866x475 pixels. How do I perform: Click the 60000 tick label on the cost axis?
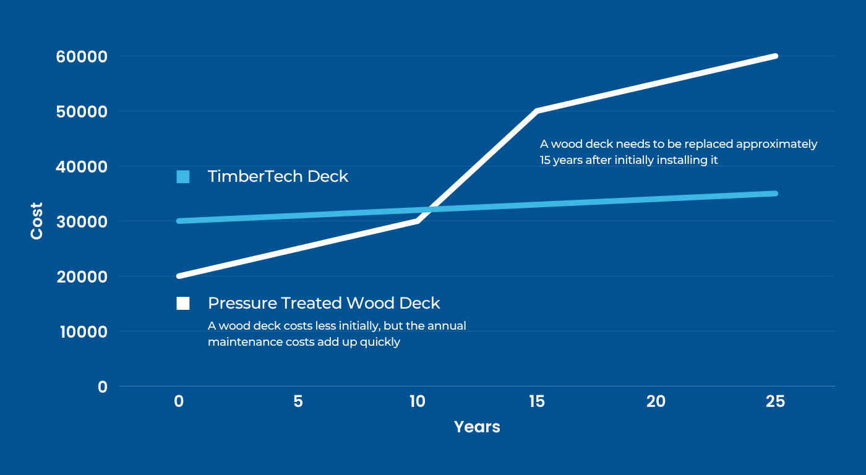[82, 57]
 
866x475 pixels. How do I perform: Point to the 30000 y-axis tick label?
[82, 222]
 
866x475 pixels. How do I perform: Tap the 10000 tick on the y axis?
[84, 332]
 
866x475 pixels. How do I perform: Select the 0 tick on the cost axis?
[103, 387]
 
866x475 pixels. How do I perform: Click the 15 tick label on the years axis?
[537, 401]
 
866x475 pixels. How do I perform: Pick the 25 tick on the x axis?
[775, 401]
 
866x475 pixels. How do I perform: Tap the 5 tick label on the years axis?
[298, 401]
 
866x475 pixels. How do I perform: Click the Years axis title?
[477, 427]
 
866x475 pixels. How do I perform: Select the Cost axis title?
[36, 221]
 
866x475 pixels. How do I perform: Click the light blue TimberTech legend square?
[183, 177]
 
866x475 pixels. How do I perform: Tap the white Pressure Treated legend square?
[183, 304]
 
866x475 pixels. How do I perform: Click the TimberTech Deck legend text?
[278, 176]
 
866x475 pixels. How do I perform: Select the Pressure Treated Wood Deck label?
[324, 303]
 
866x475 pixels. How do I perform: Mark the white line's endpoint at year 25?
[775, 56]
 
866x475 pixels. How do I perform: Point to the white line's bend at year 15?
[537, 111]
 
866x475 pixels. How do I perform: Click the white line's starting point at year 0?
[179, 276]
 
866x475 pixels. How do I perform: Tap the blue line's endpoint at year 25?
[775, 193]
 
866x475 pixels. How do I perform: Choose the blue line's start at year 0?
[179, 221]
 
